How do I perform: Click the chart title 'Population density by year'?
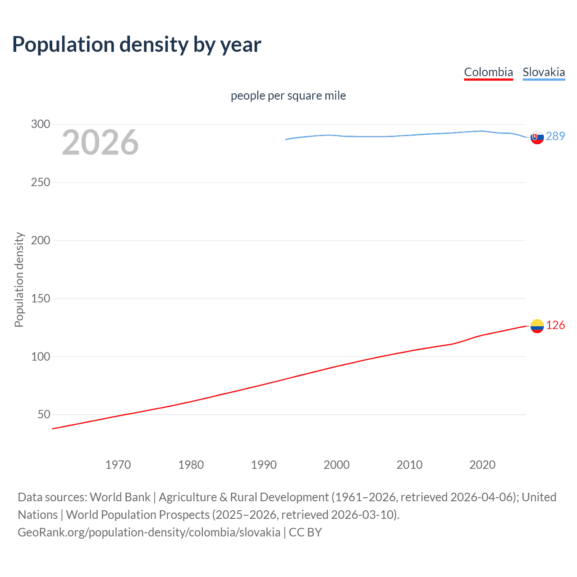tap(137, 45)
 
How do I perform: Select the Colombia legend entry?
tap(488, 72)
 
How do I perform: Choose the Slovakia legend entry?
tap(543, 72)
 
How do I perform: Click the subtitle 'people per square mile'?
tap(288, 96)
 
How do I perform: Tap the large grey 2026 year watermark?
tap(100, 142)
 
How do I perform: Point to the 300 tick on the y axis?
tap(41, 124)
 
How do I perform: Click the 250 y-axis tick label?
tap(41, 182)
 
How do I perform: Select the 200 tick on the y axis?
tap(41, 240)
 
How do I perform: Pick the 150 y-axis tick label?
tap(41, 298)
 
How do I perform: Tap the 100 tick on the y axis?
tap(41, 357)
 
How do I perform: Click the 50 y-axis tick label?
tap(44, 414)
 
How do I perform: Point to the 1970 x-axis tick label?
tap(118, 465)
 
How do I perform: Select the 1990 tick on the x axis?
tap(264, 465)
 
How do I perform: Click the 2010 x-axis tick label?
tap(409, 465)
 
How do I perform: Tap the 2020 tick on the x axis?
tap(482, 465)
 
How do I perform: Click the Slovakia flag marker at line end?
tap(537, 137)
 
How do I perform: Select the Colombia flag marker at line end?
tap(537, 326)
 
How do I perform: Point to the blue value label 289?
tap(555, 136)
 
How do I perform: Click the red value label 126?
tap(555, 325)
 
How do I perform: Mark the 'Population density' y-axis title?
tap(19, 279)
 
